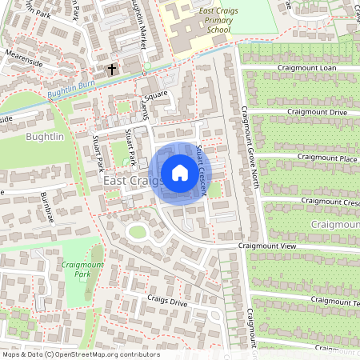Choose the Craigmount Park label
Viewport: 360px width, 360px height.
[x=82, y=268]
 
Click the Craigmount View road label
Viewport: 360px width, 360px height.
[x=267, y=246]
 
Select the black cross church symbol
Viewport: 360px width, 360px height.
[x=112, y=70]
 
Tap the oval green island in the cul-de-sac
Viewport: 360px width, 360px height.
[x=138, y=233]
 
